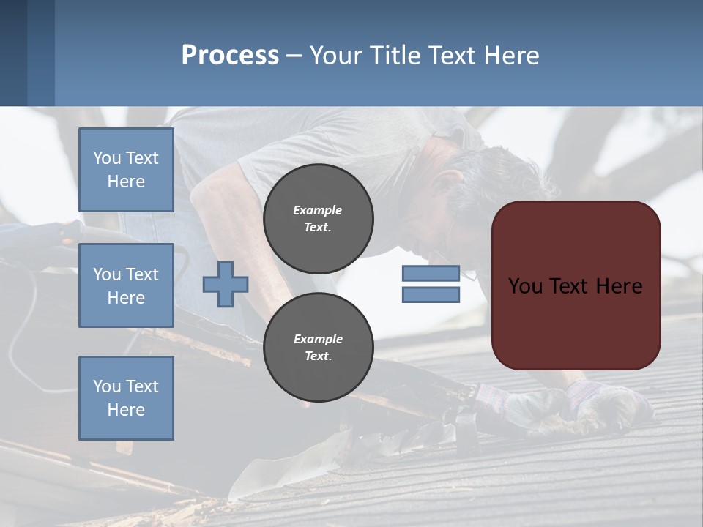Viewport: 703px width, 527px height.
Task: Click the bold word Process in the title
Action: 230,56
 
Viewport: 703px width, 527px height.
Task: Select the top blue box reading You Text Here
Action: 126,170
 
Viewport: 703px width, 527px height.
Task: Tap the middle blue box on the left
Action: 126,285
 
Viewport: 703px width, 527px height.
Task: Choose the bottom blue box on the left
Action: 126,397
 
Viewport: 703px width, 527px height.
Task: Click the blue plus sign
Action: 226,284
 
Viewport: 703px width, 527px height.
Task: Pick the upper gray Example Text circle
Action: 318,219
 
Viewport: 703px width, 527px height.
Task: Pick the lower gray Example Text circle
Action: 318,348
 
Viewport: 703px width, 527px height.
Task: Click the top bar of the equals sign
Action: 431,274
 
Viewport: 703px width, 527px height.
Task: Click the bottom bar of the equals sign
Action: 431,295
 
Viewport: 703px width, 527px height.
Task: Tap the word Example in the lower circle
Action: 318,339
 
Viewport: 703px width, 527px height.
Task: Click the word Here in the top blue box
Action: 126,182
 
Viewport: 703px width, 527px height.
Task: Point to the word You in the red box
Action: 525,286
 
